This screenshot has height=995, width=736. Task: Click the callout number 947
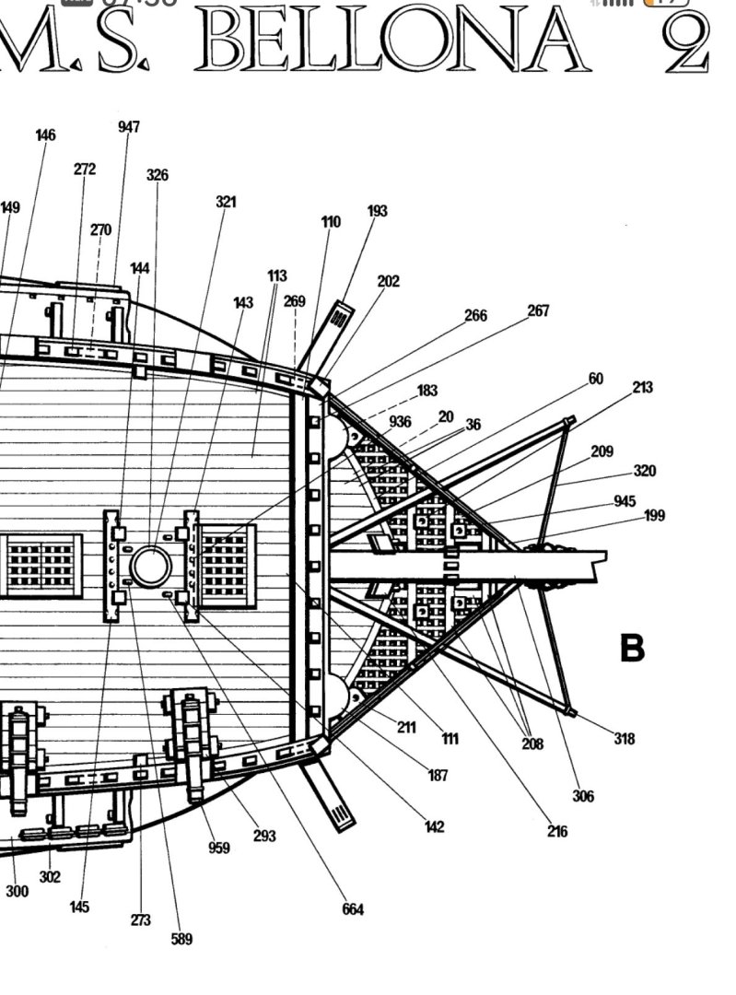129,127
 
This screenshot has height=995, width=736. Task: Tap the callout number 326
158,175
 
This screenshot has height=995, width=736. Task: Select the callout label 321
226,202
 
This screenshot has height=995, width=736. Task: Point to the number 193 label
377,211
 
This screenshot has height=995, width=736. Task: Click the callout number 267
538,311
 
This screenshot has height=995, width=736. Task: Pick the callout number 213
642,388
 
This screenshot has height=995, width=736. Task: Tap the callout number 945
625,502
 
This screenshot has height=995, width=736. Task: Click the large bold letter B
632,649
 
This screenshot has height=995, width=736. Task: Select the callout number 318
625,739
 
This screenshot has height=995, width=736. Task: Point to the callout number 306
582,797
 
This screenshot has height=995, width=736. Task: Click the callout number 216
556,832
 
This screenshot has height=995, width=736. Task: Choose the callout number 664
353,910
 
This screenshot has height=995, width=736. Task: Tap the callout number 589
181,940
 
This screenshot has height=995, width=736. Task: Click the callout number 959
218,849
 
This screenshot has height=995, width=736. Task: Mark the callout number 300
17,892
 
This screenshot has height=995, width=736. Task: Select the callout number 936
400,422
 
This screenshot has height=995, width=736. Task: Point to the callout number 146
45,135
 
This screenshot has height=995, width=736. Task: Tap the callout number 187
438,776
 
